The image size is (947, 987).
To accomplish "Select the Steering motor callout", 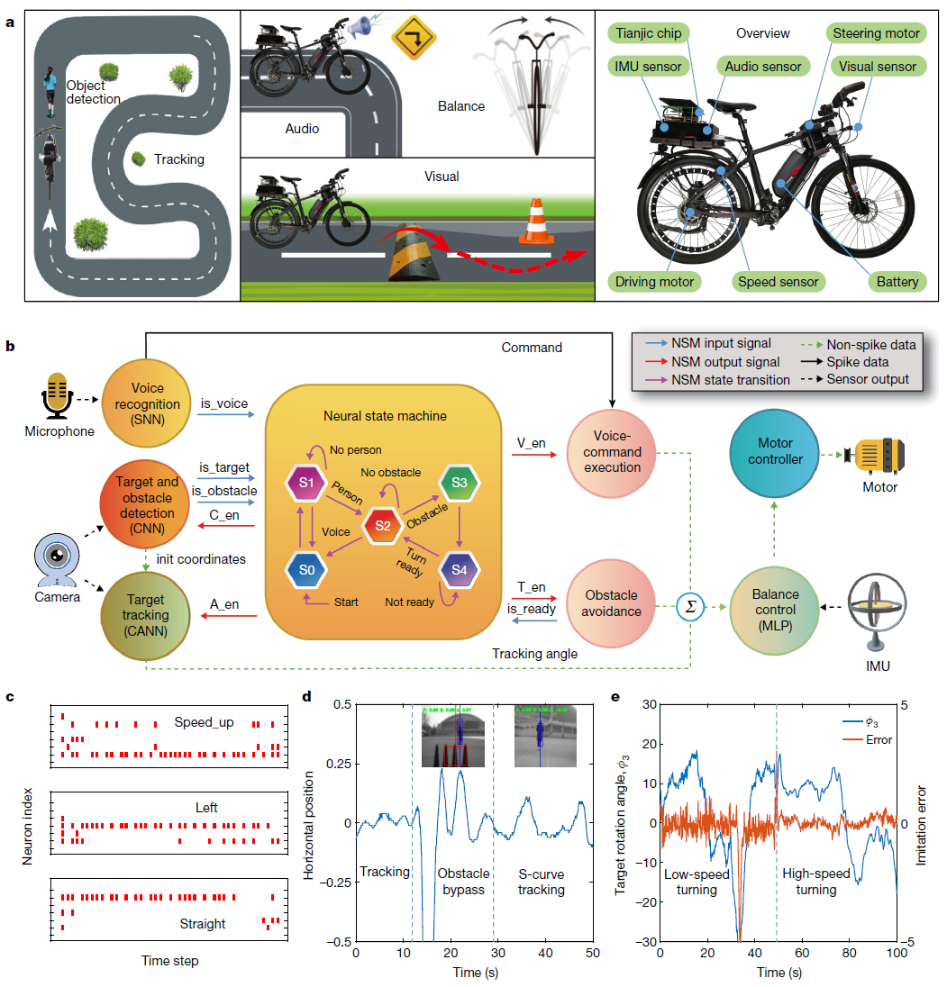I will point(875,34).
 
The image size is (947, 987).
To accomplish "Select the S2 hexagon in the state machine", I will point(381,524).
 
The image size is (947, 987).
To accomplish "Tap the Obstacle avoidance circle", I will point(612,602).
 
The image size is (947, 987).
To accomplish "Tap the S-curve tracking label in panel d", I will point(542,882).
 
